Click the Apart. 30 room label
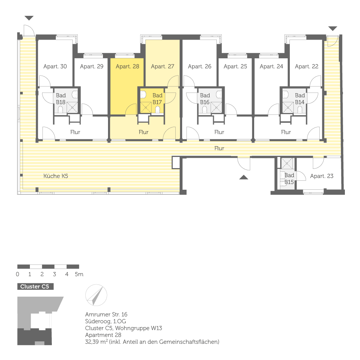point(55,66)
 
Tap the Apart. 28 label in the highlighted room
point(127,66)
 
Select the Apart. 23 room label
point(321,176)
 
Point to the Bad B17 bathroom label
point(157,99)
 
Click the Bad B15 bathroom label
point(289,179)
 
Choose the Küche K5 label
point(56,176)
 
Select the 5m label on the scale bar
point(79,274)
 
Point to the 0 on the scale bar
point(18,274)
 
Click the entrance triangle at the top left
point(29,18)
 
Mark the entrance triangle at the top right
point(333,28)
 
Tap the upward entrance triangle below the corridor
point(244,177)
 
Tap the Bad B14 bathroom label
point(300,99)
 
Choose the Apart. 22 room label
point(306,66)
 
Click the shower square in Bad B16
point(216,107)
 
